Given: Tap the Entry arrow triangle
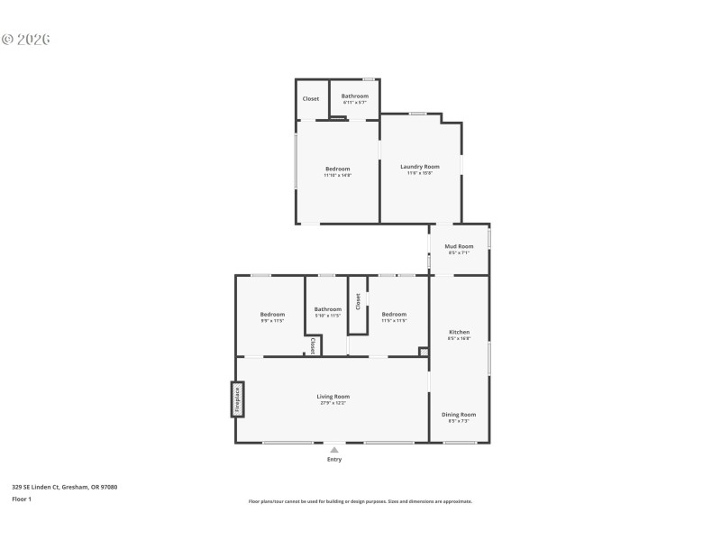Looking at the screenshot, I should point(334,449).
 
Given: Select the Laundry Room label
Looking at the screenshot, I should point(420,167).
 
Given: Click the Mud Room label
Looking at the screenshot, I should point(460,246).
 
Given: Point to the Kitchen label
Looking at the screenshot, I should point(460,332).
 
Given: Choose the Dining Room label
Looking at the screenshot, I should point(459,415).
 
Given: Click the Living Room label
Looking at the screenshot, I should point(333,397).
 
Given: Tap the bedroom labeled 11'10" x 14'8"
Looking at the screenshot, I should point(337,169).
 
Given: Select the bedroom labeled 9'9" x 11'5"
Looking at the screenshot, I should point(272,315).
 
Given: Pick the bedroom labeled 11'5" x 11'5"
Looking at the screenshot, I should point(394,315).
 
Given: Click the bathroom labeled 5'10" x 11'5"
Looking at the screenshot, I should point(327,311).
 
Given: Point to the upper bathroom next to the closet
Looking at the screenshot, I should point(354,96).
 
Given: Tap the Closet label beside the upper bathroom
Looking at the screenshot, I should point(310,99).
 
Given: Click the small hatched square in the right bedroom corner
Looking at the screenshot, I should point(424,352).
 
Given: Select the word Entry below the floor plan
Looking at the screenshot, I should point(334,460).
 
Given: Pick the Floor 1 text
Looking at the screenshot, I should point(22,499).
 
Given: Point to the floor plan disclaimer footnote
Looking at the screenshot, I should point(360,501).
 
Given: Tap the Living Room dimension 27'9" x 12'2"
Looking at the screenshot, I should point(333,403).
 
